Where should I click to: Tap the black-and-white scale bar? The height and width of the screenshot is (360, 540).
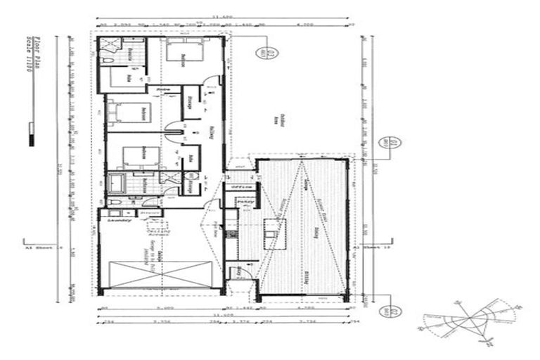tap(31, 134)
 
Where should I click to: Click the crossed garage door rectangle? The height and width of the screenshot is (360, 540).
tap(161, 275)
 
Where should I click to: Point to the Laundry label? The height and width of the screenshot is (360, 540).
tap(115, 221)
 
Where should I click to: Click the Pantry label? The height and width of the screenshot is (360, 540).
tap(245, 202)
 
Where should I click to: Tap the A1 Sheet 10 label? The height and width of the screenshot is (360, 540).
tap(366, 247)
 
